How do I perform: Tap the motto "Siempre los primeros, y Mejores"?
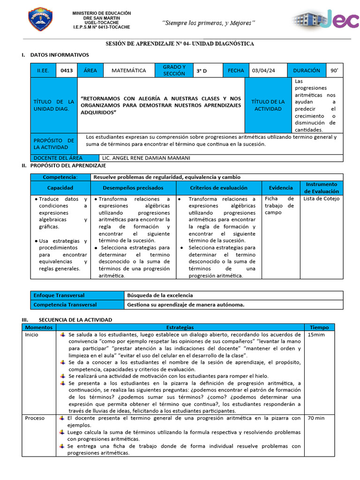(209, 23)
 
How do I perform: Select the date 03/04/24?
(263, 71)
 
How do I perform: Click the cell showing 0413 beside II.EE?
(67, 71)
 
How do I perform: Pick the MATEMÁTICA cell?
(128, 71)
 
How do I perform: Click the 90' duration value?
(334, 71)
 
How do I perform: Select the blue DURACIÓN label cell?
(306, 71)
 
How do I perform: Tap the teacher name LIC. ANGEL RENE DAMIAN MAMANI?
(146, 158)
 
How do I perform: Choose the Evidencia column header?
(281, 187)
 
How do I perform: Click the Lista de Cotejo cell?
(322, 199)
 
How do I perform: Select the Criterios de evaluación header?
(218, 187)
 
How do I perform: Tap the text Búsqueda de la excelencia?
(160, 295)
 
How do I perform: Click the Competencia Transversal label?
(65, 305)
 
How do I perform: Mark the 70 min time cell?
(316, 418)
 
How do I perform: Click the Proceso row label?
(35, 418)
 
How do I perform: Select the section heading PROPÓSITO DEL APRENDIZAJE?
(68, 165)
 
